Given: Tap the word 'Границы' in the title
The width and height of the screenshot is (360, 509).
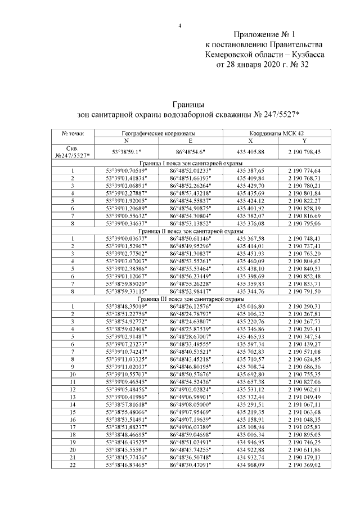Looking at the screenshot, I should point(188,105).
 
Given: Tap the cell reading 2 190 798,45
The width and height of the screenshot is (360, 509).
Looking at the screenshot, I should point(304,152).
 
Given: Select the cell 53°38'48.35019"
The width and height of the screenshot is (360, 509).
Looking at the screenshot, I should point(127,307).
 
